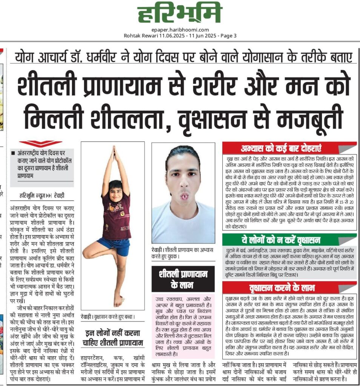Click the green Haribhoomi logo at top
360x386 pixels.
[x=179, y=14]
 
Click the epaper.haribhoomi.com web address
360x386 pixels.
[x=180, y=30]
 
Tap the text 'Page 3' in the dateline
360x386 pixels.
[x=228, y=36]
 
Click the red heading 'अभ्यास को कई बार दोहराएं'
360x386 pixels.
[x=281, y=148]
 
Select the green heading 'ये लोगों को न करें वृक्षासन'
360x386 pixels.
[x=281, y=240]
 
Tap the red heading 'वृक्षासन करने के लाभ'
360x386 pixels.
[x=281, y=288]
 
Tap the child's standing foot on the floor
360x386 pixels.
[x=118, y=302]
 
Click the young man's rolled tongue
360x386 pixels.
[x=185, y=196]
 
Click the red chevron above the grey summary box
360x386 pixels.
[x=40, y=144]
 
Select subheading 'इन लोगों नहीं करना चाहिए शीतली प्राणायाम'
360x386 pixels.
[x=113, y=338]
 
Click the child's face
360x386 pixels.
[x=115, y=188]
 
